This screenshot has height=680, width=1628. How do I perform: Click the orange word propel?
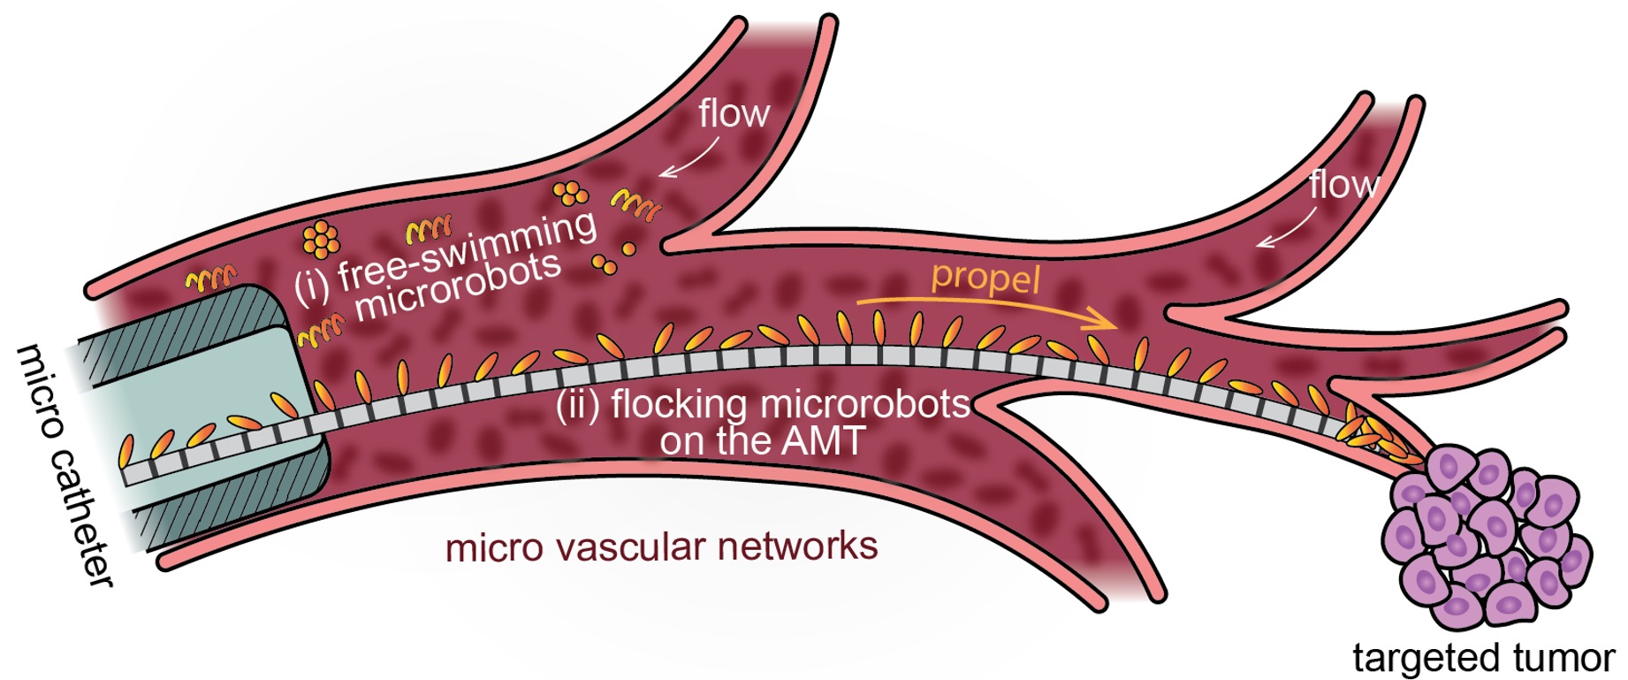click(x=985, y=278)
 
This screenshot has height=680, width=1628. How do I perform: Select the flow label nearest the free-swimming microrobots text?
click(x=734, y=114)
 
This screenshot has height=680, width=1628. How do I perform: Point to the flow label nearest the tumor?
click(x=1343, y=185)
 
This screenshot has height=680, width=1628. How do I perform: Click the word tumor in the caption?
click(x=1564, y=658)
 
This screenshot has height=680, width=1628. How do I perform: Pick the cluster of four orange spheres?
click(x=570, y=193)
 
